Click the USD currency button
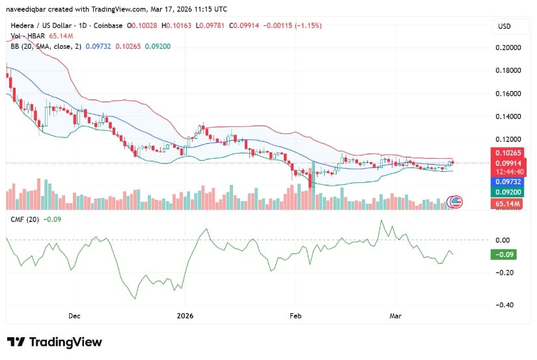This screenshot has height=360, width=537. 504,26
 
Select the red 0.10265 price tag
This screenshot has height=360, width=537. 510,153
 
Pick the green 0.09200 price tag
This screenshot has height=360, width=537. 510,193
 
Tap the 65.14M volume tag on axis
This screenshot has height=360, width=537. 510,204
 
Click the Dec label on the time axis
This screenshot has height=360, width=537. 74,315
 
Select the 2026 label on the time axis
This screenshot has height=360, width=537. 185,315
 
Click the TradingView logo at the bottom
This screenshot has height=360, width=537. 55,342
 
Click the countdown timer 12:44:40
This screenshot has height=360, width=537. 510,173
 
